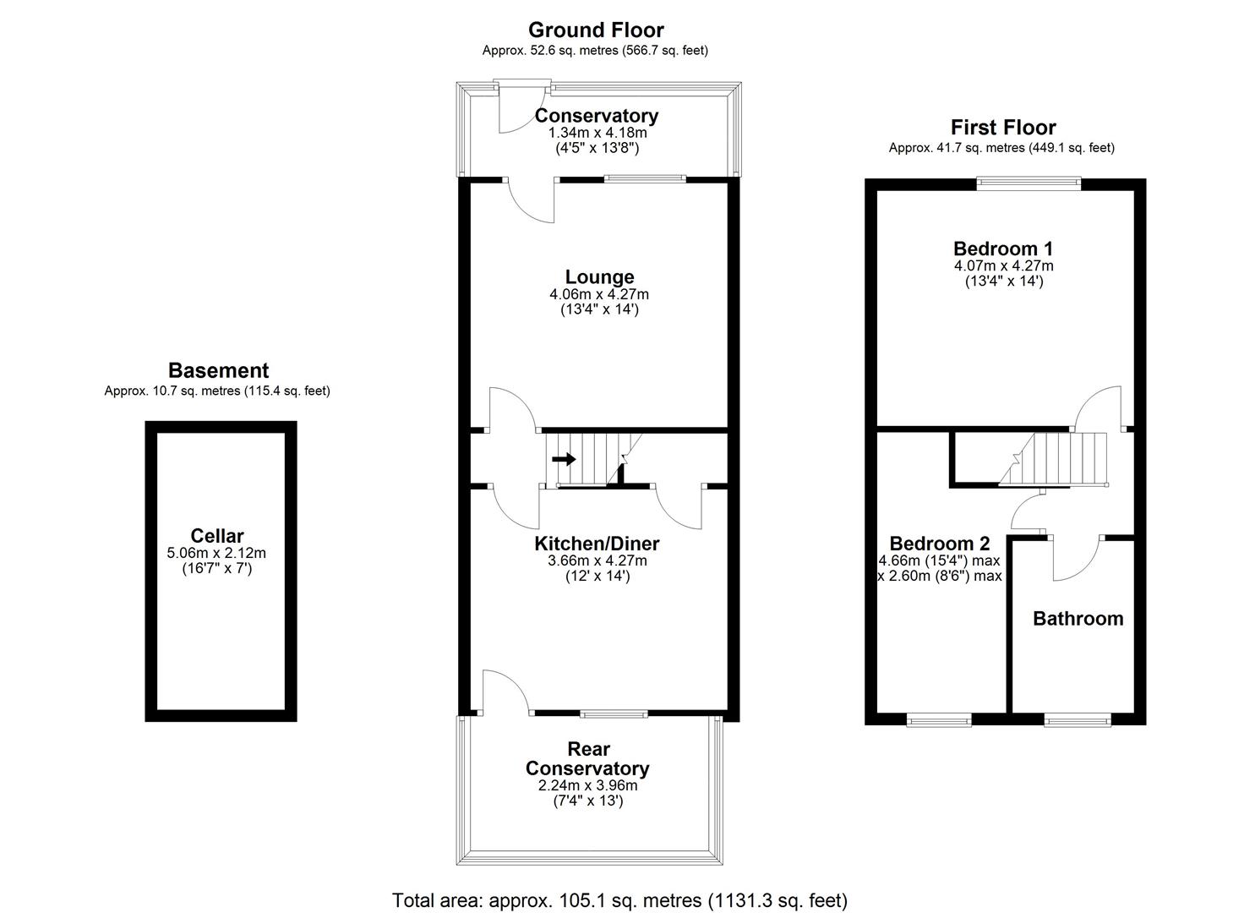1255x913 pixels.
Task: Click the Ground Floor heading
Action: pos(596,30)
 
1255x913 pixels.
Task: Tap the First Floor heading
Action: pos(1002,128)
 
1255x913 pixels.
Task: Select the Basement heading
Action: pos(218,370)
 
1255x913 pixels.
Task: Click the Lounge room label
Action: pos(599,277)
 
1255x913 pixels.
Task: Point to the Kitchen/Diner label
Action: pos(597,544)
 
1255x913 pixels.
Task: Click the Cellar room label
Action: pos(217,536)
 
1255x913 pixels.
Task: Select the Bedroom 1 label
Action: pos(1002,249)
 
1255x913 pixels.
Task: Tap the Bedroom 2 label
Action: pos(939,544)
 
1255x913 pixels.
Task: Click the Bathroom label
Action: pos(1078,619)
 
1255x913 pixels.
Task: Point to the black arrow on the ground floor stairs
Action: pos(564,459)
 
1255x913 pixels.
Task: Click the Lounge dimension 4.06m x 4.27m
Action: pos(599,294)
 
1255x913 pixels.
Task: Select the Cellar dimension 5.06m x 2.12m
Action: pos(217,553)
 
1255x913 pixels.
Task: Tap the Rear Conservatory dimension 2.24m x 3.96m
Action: pos(587,785)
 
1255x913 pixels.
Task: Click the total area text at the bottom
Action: pos(619,899)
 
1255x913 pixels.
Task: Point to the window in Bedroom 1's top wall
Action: pos(1029,182)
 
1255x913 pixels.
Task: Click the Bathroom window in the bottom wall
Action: pos(1077,719)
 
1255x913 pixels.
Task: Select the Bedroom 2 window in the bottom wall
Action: pos(939,719)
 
